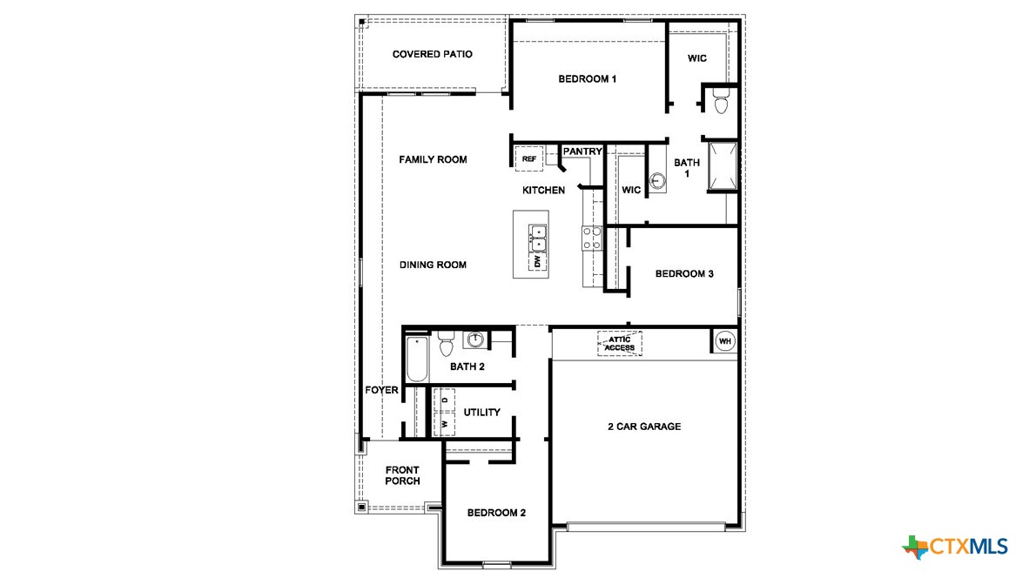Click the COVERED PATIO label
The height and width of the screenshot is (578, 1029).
pos(432,54)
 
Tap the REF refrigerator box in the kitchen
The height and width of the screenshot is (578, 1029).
pos(528,158)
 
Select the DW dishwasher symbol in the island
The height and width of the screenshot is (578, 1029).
pos(538,260)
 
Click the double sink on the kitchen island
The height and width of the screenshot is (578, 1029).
pos(538,238)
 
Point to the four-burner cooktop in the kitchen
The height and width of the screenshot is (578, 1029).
pos(592,238)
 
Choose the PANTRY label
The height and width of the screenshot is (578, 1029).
pos(582,151)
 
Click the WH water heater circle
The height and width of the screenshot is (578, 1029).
pos(724,342)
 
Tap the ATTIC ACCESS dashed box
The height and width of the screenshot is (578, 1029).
pos(620,344)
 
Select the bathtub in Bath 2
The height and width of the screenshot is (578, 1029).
pos(417,360)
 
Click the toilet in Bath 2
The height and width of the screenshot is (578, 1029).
pos(447,344)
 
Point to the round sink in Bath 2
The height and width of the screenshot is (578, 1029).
pos(475,339)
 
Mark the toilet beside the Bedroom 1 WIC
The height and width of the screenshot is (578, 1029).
pos(720,102)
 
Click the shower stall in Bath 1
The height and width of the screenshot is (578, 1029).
pos(723,167)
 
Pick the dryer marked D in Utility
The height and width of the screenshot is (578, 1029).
pos(445,400)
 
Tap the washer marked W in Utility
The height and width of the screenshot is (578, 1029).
pos(445,424)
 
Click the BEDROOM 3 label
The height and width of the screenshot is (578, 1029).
pos(684,273)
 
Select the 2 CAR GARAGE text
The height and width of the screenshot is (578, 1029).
pos(644,427)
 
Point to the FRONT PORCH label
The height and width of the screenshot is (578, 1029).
pos(402,475)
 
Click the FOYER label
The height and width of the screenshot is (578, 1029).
pos(381,390)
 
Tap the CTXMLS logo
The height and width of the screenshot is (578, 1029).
pos(955,547)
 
